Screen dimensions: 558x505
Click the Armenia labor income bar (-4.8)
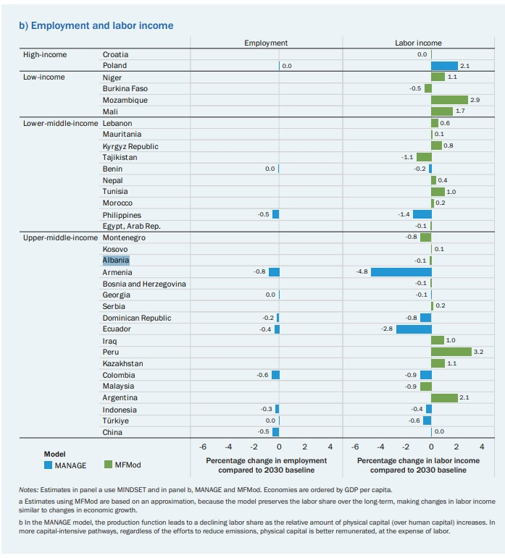pyautogui.click(x=401, y=272)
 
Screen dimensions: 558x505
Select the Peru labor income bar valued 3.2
pyautogui.click(x=451, y=352)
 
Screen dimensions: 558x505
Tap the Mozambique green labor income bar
pyautogui.click(x=449, y=100)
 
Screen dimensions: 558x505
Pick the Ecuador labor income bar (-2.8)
pyautogui.click(x=414, y=329)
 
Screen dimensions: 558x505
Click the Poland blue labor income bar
pyautogui.click(x=444, y=66)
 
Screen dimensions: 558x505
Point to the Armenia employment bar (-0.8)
pyautogui.click(x=274, y=272)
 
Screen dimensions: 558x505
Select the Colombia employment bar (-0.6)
pyautogui.click(x=275, y=375)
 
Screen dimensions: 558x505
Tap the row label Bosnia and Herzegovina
pyautogui.click(x=144, y=284)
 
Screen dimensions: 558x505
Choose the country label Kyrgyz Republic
pyautogui.click(x=130, y=146)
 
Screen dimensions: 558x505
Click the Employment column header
pyautogui.click(x=266, y=43)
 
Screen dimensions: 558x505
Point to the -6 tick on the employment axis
pyautogui.click(x=203, y=447)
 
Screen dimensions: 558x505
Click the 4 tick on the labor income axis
pyautogui.click(x=482, y=447)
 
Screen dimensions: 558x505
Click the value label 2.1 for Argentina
pyautogui.click(x=465, y=398)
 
